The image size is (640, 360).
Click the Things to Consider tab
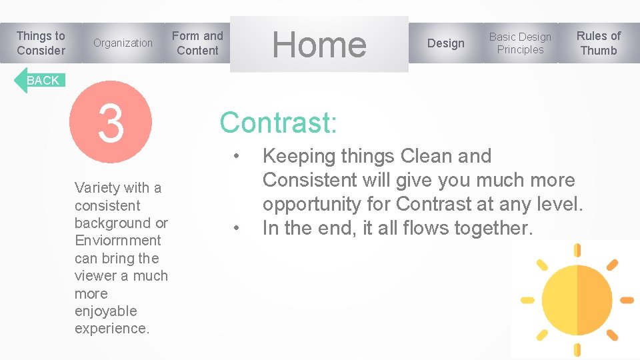point(41,43)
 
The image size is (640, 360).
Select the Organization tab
point(123,43)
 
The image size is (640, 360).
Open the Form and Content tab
point(197,43)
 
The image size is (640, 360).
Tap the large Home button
point(319,44)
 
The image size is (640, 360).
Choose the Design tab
point(445,43)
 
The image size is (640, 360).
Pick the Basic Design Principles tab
point(520,43)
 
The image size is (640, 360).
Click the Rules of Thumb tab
point(598,43)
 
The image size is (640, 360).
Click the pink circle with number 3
point(111,123)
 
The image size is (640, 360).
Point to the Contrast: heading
point(279,123)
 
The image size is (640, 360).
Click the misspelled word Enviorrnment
point(117,241)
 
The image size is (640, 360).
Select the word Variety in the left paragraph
point(95,188)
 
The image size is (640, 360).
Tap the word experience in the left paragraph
point(111,329)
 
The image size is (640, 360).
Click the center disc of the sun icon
point(577,299)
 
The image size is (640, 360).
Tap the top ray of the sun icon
point(577,252)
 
